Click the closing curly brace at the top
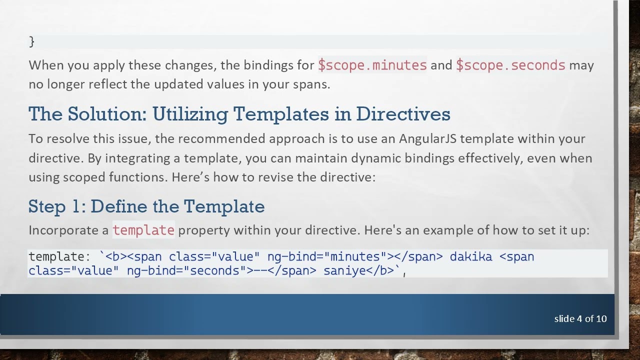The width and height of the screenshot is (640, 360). [31, 41]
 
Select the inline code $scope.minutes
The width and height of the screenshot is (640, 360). [372, 65]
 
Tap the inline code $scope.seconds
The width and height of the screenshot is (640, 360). [510, 65]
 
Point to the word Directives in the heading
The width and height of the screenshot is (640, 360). [403, 114]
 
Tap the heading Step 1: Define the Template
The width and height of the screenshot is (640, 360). [146, 206]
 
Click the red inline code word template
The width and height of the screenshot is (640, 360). [143, 230]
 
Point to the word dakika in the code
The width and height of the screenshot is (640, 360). [470, 257]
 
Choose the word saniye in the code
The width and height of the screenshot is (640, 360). [344, 271]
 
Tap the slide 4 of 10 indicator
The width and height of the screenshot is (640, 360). [580, 318]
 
